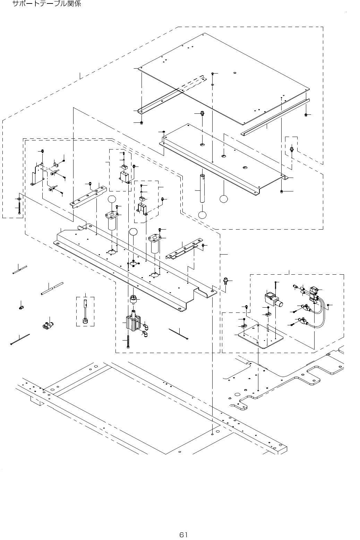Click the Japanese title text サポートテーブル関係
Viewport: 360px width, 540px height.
47,5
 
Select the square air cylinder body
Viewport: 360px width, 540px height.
134,322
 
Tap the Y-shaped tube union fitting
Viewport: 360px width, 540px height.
48,325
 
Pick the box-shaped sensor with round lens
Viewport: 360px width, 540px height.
273,299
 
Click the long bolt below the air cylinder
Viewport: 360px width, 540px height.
129,342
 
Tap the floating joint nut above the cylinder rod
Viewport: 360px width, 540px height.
132,299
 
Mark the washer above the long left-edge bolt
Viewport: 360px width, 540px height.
19,199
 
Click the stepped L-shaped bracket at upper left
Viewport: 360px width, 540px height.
37,174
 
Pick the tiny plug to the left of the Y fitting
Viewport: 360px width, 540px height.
21,307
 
